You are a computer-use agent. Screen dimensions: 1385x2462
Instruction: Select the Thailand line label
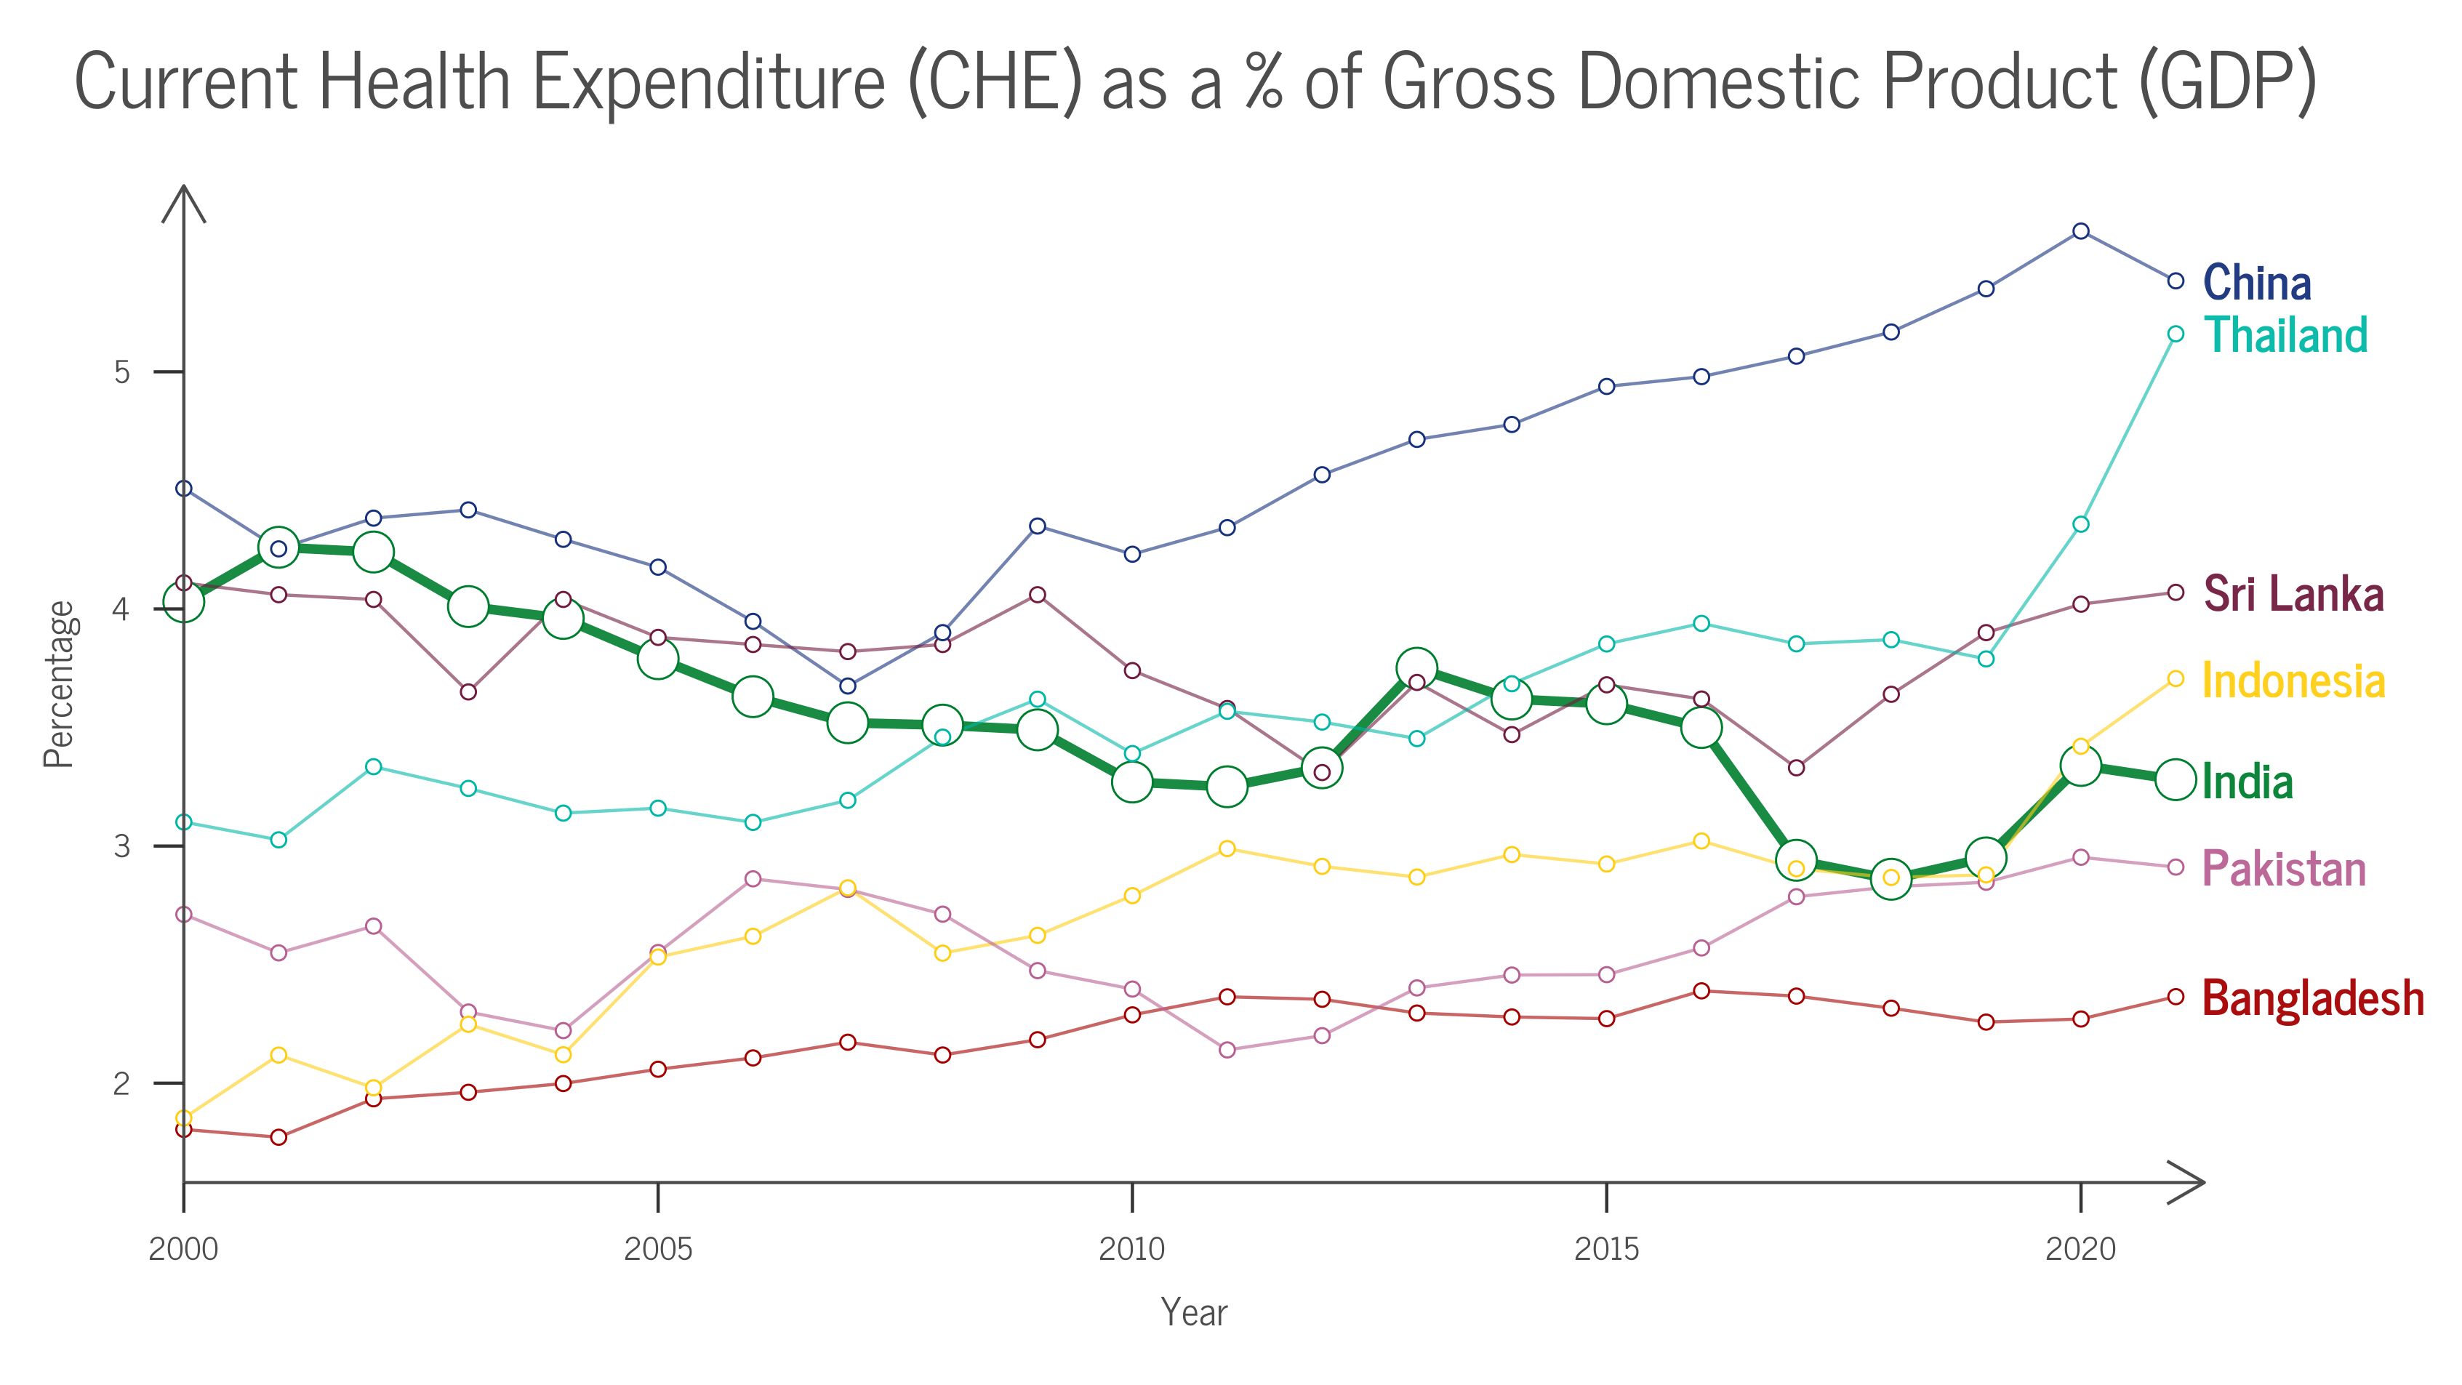[2285, 335]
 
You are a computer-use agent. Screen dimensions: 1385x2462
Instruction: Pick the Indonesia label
[2293, 681]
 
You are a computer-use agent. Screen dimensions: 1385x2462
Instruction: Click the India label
[2247, 782]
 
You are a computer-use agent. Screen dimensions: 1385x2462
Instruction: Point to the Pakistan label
[2283, 869]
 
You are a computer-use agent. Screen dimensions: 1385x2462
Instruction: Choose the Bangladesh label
[2313, 998]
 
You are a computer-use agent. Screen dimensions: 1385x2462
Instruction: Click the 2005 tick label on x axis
[657, 1248]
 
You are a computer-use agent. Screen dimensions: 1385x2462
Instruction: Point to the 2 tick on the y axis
[121, 1084]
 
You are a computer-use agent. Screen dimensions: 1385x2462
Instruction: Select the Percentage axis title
[59, 684]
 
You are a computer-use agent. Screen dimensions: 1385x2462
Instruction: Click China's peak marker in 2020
[2081, 231]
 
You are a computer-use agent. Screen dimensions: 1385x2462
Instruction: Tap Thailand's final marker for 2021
[2176, 334]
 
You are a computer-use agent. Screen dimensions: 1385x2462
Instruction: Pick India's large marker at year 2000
[183, 602]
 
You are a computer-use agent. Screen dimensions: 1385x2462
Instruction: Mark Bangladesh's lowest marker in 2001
[278, 1137]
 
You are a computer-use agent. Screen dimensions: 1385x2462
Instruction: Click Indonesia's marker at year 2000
[183, 1117]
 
